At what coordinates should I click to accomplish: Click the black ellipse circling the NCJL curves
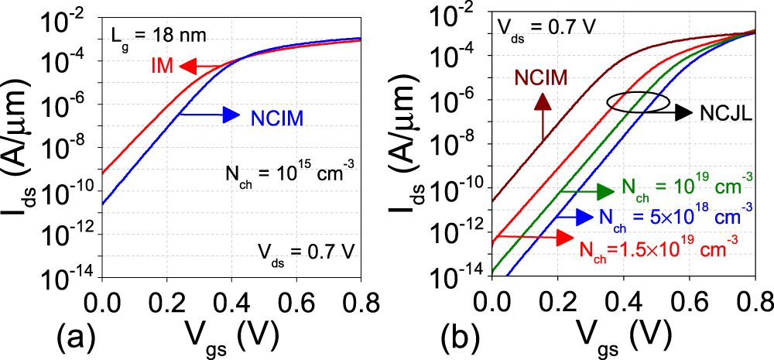click(x=637, y=102)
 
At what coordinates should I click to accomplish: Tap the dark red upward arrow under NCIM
click(x=542, y=116)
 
